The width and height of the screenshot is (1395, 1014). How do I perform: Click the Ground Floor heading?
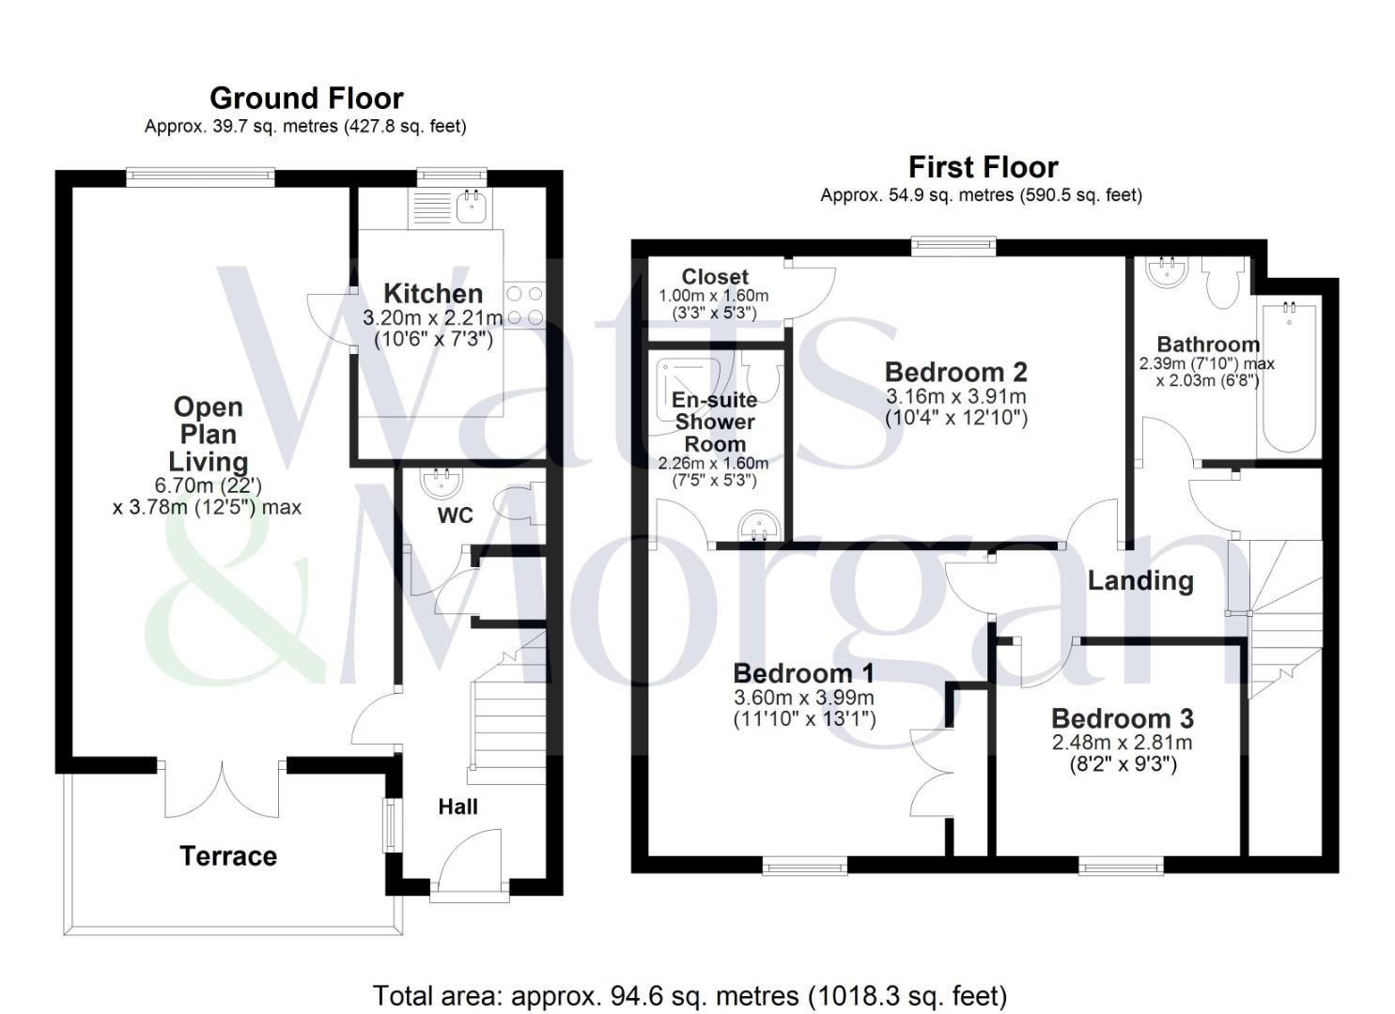(x=306, y=98)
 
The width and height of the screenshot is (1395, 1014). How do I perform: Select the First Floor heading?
(x=983, y=167)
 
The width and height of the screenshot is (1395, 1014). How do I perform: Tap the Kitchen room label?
(x=433, y=293)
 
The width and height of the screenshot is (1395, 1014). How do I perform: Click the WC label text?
(x=455, y=515)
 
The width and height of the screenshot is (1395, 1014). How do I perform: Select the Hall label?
(x=457, y=807)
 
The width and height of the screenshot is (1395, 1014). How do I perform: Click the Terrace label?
(x=228, y=856)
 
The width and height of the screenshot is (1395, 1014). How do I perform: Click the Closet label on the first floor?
(x=715, y=277)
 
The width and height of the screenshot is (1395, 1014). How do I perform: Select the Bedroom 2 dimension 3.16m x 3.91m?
(x=955, y=396)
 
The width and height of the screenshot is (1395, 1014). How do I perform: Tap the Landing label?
(x=1139, y=580)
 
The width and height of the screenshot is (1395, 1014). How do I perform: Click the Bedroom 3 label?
(x=1122, y=718)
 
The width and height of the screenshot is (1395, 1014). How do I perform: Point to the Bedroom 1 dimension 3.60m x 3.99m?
(x=803, y=698)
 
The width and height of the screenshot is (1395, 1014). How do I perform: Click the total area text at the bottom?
(x=690, y=994)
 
